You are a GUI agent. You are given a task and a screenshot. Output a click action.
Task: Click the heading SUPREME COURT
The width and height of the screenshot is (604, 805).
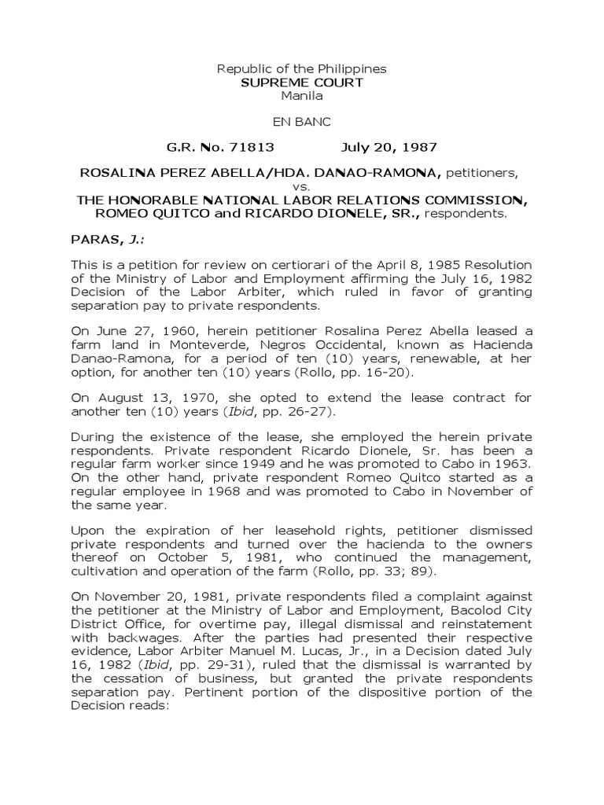coord(302,83)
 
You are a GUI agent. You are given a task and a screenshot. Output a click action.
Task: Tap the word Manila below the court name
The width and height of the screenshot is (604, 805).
coord(302,95)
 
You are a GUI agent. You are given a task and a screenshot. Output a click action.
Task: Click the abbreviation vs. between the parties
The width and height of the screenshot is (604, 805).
coord(302,186)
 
